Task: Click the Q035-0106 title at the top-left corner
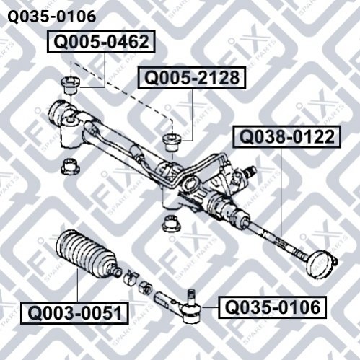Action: [x=52, y=17]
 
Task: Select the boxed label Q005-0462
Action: [x=101, y=42]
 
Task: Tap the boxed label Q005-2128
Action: [x=192, y=78]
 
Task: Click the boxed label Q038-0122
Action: [x=286, y=136]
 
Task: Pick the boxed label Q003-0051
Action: [x=74, y=313]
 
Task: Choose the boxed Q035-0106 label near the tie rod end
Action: [x=272, y=307]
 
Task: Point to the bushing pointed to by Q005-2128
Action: [x=172, y=143]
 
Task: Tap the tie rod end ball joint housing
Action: [x=191, y=312]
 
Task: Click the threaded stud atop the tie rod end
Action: [x=191, y=297]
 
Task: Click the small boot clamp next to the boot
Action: [x=131, y=278]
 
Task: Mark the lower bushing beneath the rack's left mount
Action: [x=71, y=166]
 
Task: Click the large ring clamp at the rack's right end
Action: [x=320, y=264]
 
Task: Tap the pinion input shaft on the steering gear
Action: [x=249, y=172]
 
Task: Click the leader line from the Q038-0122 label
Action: [x=281, y=192]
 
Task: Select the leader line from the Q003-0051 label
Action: [x=77, y=286]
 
